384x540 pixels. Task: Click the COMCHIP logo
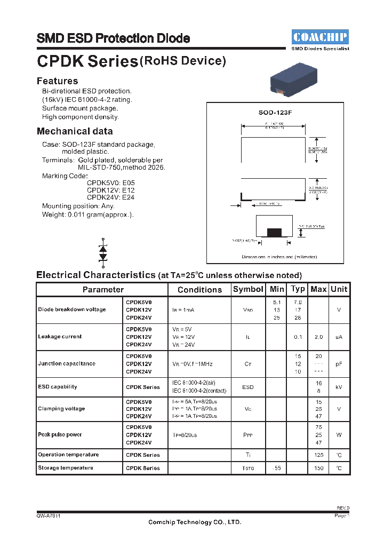click(321, 37)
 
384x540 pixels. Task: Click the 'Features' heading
click(57, 81)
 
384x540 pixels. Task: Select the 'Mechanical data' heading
click(75, 131)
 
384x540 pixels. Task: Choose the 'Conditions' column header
click(199, 290)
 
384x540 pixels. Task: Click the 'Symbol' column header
click(248, 289)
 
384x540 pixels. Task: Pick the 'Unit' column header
click(339, 289)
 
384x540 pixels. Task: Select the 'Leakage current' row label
click(60, 337)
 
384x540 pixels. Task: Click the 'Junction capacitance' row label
click(67, 364)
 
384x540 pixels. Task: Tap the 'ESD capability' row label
click(58, 387)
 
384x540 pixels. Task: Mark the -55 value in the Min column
click(277, 468)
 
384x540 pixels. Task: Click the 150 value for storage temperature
click(318, 468)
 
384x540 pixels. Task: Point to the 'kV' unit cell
click(339, 387)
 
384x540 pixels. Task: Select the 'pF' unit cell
click(339, 364)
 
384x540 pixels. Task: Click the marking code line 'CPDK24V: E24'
click(110, 197)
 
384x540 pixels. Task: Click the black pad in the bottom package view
click(274, 232)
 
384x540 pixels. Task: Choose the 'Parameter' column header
click(103, 290)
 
